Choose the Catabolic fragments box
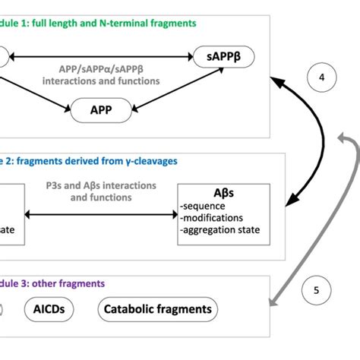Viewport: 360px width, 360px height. click(x=158, y=310)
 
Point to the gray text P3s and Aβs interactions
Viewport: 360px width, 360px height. click(x=100, y=185)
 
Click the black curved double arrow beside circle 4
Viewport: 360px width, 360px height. click(x=304, y=137)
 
